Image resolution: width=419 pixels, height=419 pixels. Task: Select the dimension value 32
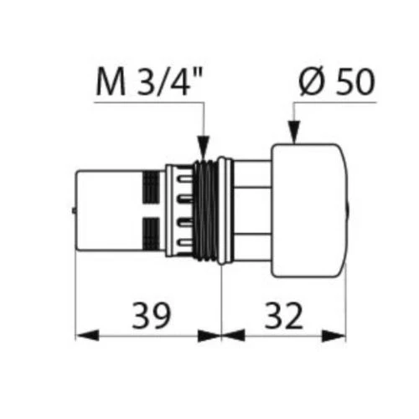[283, 316]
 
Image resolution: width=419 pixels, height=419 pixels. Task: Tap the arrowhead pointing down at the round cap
[293, 132]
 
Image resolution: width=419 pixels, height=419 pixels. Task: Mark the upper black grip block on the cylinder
[152, 185]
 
